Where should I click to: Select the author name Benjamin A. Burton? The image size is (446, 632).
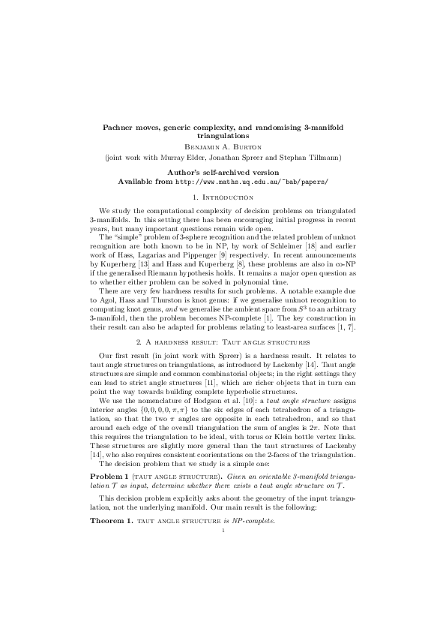223,148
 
